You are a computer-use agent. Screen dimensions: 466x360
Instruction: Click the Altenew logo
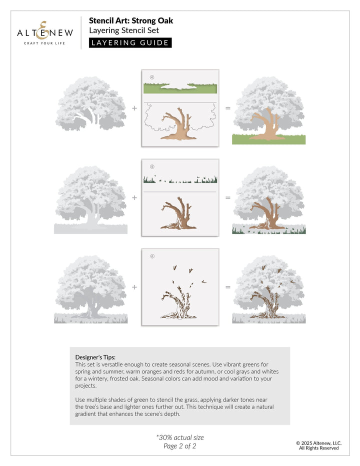44,32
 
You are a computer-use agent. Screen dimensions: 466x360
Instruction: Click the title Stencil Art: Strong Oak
131,21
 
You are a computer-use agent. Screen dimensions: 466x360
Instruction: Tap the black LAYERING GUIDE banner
130,42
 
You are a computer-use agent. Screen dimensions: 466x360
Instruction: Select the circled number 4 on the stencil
151,77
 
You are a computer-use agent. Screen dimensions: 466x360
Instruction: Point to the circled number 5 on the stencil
151,166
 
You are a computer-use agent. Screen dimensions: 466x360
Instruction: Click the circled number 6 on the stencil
152,256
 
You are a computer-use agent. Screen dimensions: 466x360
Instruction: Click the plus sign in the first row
134,108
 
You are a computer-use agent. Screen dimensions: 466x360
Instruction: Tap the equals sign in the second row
228,197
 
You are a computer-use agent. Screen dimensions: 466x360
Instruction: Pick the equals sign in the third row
228,287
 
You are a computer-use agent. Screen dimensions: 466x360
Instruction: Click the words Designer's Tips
95,357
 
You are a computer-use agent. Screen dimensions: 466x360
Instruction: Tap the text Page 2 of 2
180,446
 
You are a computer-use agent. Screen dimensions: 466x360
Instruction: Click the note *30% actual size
180,437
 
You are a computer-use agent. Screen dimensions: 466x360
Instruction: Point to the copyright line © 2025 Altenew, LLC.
318,442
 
